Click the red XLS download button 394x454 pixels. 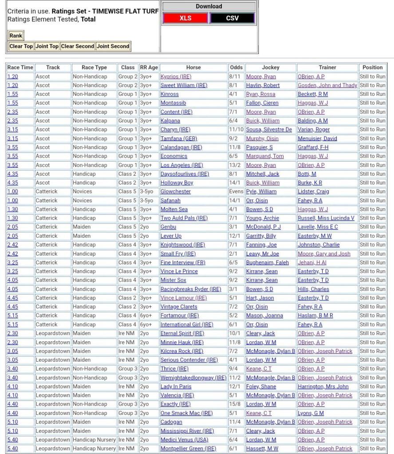click(185, 18)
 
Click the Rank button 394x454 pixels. click(16, 36)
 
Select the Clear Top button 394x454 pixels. click(21, 46)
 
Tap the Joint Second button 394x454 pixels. click(113, 46)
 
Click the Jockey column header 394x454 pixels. click(271, 67)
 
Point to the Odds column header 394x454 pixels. click(236, 67)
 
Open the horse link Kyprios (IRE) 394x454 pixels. click(176, 76)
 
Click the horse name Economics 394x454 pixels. click(173, 156)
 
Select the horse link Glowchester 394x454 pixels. click(175, 192)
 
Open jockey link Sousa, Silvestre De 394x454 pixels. click(269, 130)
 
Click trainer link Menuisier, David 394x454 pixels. click(317, 138)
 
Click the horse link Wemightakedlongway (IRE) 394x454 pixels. click(193, 378)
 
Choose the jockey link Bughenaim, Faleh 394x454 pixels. click(267, 263)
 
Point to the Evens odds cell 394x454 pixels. click(236, 192)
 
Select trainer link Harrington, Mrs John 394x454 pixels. click(323, 387)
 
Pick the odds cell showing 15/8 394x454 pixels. click(236, 404)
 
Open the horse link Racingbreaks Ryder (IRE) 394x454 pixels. click(190, 289)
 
